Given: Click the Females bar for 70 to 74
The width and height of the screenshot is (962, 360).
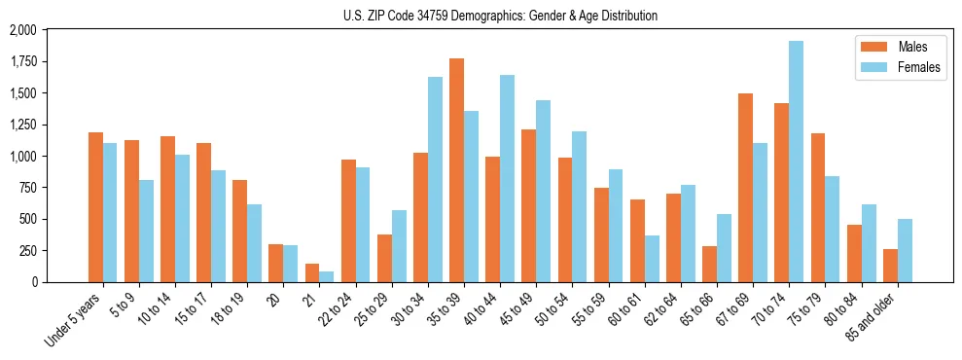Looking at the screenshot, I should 796,162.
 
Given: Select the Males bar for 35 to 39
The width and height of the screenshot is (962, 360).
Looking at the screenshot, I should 456,170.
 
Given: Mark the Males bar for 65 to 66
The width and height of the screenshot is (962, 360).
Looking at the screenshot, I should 709,264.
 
